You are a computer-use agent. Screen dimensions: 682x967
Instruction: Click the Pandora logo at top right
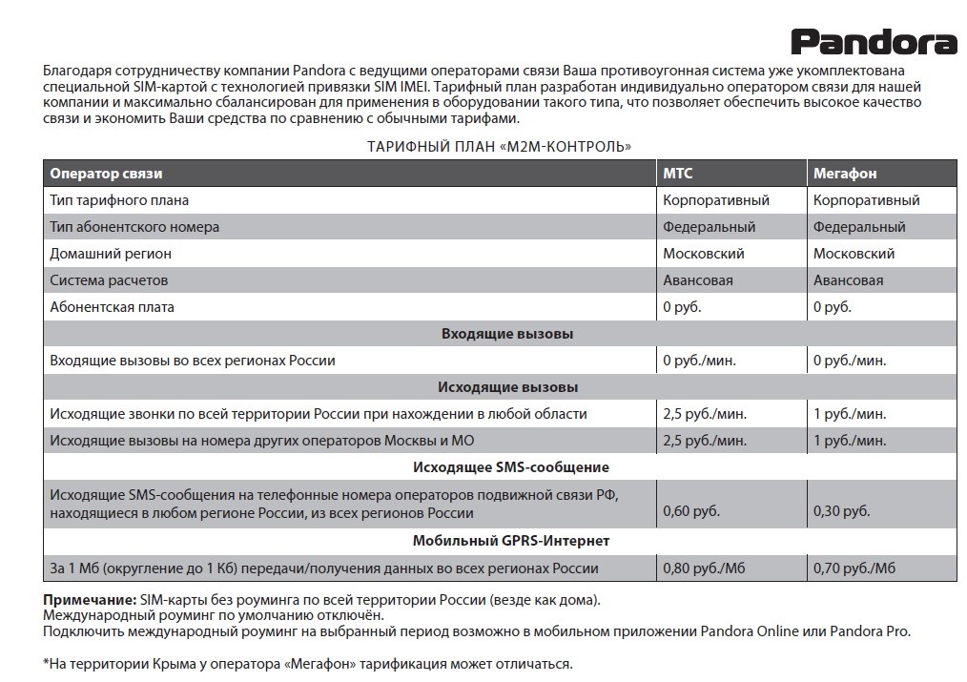pyautogui.click(x=873, y=42)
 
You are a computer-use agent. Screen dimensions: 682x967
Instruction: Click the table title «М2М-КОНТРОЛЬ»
pyautogui.click(x=499, y=147)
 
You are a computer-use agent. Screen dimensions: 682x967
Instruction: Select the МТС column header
pyautogui.click(x=678, y=174)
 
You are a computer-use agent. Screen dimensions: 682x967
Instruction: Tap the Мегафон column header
pyautogui.click(x=844, y=174)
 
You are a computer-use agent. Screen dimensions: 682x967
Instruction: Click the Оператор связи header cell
pyautogui.click(x=106, y=174)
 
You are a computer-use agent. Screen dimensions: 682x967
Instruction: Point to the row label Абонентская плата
pyautogui.click(x=112, y=307)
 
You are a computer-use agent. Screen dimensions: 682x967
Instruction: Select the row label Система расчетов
pyautogui.click(x=109, y=280)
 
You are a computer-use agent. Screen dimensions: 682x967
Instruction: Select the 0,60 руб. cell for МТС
pyautogui.click(x=690, y=511)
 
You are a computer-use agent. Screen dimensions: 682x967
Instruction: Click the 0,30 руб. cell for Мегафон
pyautogui.click(x=841, y=511)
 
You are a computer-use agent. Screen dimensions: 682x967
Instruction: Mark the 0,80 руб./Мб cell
pyautogui.click(x=704, y=568)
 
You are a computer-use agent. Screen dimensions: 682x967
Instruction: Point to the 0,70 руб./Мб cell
pyautogui.click(x=854, y=568)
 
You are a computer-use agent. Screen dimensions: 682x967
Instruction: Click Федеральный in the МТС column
pyautogui.click(x=709, y=227)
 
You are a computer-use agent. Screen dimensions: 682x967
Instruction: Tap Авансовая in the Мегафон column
pyautogui.click(x=848, y=280)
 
